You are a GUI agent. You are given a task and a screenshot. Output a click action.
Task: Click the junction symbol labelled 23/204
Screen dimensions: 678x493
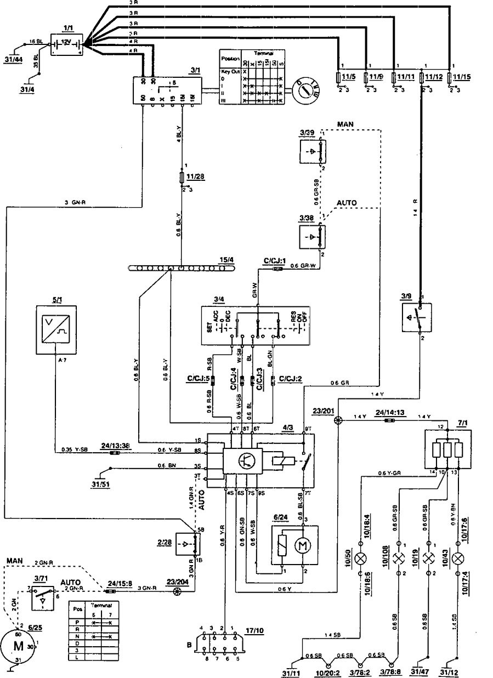(177, 591)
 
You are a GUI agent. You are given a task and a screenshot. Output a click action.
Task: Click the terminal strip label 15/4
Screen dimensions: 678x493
(225, 259)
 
